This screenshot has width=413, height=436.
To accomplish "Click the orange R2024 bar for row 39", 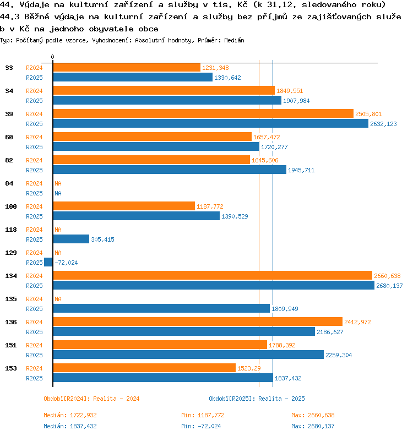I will click(x=203, y=113).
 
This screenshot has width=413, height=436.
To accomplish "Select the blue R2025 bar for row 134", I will click(x=214, y=285).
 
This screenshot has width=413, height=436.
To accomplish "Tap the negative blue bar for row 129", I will click(x=48, y=262).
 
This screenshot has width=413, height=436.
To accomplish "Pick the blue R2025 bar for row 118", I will click(x=71, y=239).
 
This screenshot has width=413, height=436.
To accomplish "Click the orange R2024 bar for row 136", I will click(x=198, y=321).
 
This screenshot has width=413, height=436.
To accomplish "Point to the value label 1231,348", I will click(x=215, y=68).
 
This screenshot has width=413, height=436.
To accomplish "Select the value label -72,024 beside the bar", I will click(x=66, y=263).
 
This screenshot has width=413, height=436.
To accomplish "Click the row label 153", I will click(x=9, y=368).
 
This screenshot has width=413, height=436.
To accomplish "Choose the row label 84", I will click(x=9, y=183).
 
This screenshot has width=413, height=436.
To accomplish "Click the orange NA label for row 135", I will click(x=58, y=299).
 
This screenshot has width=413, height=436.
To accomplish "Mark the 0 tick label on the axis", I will click(x=53, y=57).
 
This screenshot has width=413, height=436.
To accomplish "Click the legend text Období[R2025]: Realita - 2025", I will click(x=257, y=399).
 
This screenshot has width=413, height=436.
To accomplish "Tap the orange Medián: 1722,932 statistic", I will click(x=70, y=415).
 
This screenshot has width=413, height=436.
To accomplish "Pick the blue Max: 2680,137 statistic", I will click(x=313, y=426).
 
